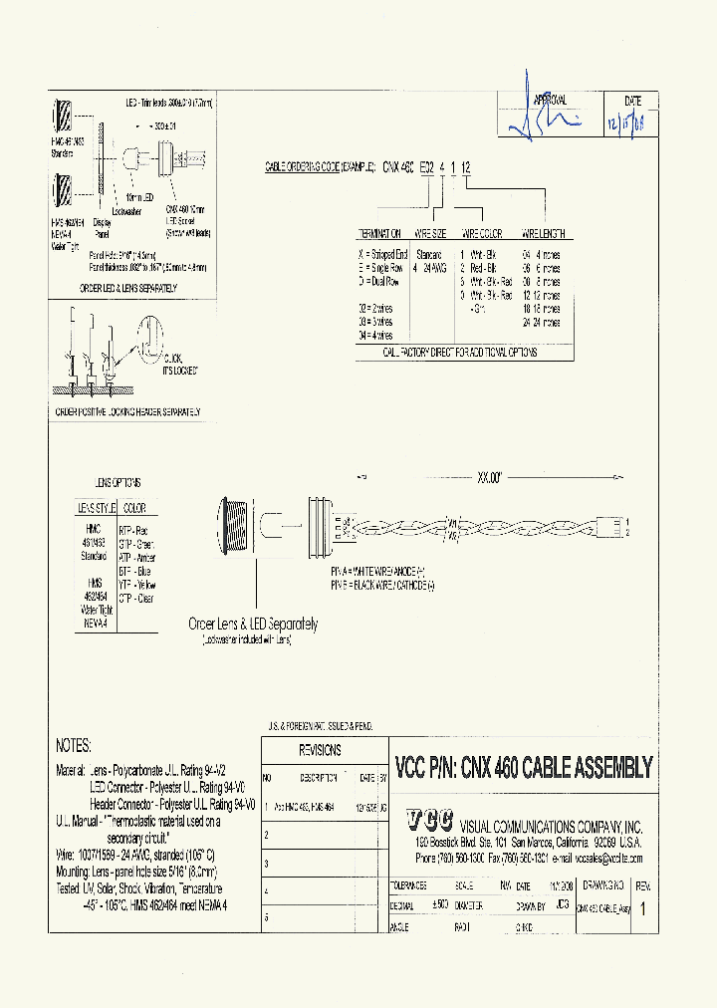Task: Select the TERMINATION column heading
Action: (380, 234)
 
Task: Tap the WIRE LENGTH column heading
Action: (542, 234)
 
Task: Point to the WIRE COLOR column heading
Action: (481, 234)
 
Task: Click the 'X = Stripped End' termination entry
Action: (381, 255)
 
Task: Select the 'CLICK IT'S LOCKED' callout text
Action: (177, 364)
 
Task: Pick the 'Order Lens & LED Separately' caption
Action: (253, 625)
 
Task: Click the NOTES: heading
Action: (74, 745)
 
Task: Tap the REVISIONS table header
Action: (321, 750)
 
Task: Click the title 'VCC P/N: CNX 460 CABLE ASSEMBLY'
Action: (524, 767)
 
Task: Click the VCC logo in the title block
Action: (429, 820)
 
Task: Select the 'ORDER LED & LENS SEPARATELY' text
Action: (128, 288)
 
